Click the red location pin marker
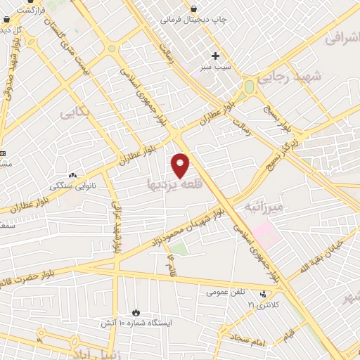tap(181, 165)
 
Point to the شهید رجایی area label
tap(290, 79)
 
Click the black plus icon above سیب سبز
tap(216, 56)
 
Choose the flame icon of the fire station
tap(136, 313)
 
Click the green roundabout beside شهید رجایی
tap(249, 87)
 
